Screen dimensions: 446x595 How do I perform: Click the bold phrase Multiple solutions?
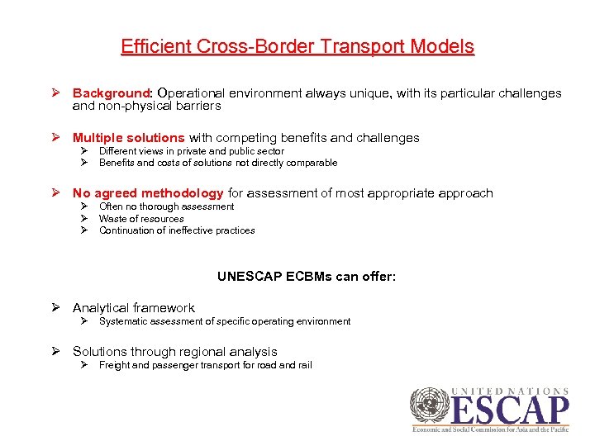(x=129, y=138)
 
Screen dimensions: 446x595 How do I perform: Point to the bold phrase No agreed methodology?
(x=148, y=193)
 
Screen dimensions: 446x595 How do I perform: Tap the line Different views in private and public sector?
(x=191, y=151)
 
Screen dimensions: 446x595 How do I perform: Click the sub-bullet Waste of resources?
(x=141, y=219)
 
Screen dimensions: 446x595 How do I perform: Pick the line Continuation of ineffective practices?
(x=177, y=230)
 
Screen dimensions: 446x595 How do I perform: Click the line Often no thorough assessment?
(x=166, y=206)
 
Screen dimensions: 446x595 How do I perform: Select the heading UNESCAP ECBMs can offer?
(x=307, y=277)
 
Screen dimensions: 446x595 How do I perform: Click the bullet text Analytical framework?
(x=134, y=308)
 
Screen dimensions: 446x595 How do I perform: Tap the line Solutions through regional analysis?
(x=175, y=352)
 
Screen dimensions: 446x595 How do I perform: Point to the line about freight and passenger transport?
(x=205, y=365)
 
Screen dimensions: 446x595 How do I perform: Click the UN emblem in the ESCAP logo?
(x=429, y=407)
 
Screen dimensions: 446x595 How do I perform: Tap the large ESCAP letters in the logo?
(x=510, y=410)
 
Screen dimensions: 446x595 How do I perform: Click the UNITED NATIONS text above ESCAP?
(x=511, y=391)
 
